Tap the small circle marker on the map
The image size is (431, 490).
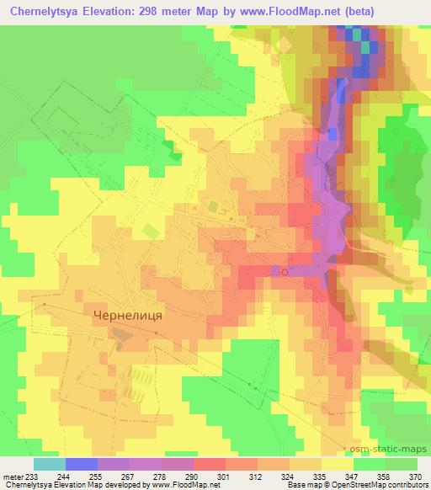pyautogui.click(x=285, y=272)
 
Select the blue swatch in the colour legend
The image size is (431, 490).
pyautogui.click(x=82, y=463)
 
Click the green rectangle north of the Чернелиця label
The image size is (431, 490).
pyautogui.click(x=150, y=231)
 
